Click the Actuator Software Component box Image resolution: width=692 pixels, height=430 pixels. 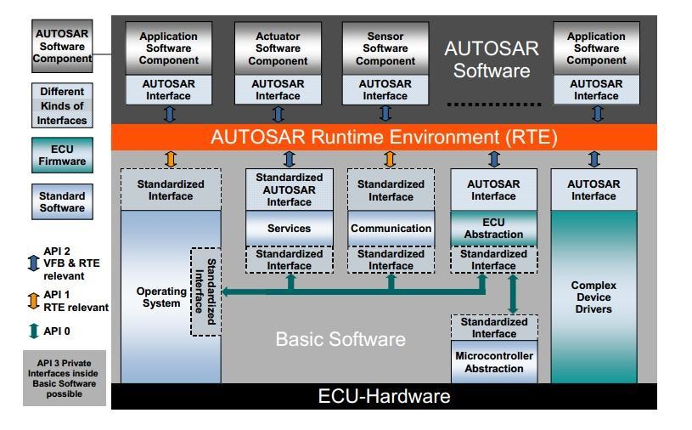pyautogui.click(x=278, y=48)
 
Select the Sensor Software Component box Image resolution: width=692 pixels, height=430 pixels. pyautogui.click(x=385, y=48)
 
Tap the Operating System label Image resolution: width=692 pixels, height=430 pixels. pyautogui.click(x=161, y=297)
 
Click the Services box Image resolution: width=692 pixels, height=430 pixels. pyautogui.click(x=290, y=229)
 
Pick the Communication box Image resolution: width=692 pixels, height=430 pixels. pyautogui.click(x=391, y=229)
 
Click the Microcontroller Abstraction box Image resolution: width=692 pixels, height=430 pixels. pyautogui.click(x=494, y=362)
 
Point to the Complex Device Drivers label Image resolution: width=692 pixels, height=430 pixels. pyautogui.click(x=594, y=297)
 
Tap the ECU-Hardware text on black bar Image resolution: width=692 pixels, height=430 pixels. pyautogui.click(x=384, y=396)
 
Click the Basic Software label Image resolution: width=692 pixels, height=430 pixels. pyautogui.click(x=340, y=340)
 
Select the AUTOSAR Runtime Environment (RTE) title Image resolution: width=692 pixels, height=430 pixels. pyautogui.click(x=384, y=137)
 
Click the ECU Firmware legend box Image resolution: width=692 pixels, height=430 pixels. pyautogui.click(x=62, y=156)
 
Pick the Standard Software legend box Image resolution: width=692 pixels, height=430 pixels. pyautogui.click(x=62, y=201)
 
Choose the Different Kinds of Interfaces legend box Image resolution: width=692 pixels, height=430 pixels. pyautogui.click(x=62, y=106)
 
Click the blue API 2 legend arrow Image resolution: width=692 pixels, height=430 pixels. pyautogui.click(x=33, y=263)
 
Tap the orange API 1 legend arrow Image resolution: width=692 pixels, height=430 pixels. pyautogui.click(x=33, y=300)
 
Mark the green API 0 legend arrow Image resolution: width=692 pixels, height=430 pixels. pyautogui.click(x=33, y=331)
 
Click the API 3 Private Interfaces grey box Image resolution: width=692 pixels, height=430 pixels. pyautogui.click(x=65, y=378)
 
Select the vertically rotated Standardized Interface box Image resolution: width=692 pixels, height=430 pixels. pyautogui.click(x=205, y=291)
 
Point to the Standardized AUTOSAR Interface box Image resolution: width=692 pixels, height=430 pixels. pyautogui.click(x=290, y=190)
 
